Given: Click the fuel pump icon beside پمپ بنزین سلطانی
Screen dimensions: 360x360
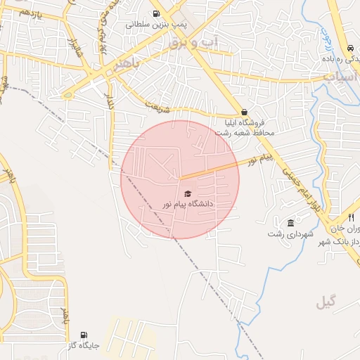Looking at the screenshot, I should click(156, 13).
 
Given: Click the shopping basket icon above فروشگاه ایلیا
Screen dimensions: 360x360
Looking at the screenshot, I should click(244, 112).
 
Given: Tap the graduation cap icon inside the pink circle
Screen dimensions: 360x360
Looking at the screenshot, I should click(187, 193).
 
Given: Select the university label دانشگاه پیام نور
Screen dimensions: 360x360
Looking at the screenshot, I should click(187, 204).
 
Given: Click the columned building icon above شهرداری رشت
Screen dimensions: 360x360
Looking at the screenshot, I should click(290, 223).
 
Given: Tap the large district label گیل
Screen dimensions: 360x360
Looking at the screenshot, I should click(326, 302).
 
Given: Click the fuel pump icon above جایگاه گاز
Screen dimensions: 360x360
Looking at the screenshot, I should click(84, 335).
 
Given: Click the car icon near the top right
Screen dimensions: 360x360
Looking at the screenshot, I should click(350, 48).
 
